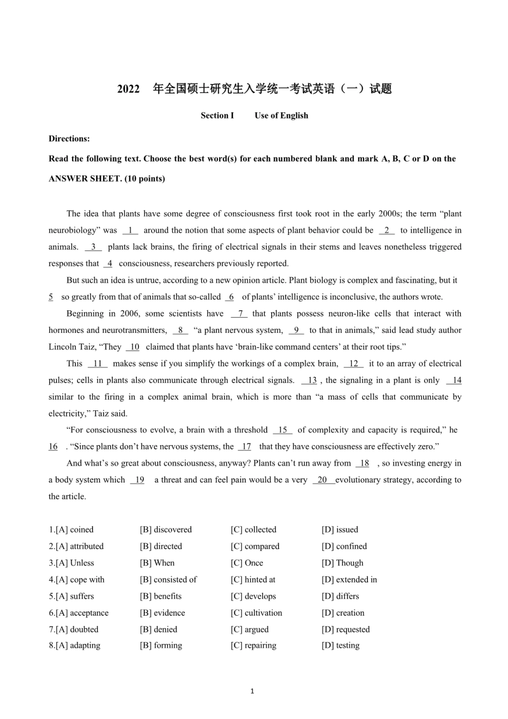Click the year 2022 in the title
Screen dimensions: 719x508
[x=128, y=89]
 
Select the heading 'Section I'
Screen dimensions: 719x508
[x=217, y=116]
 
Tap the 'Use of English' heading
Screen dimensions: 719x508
[x=281, y=116]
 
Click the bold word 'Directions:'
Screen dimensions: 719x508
[x=69, y=139]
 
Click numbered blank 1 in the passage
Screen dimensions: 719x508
[x=130, y=231]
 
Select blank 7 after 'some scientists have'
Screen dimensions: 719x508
[x=240, y=314]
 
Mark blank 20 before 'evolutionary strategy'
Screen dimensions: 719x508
[x=322, y=480]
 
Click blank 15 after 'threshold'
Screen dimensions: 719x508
[x=282, y=430]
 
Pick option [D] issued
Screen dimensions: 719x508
[x=340, y=530]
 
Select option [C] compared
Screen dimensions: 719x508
[x=255, y=546]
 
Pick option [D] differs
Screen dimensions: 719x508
[x=340, y=596]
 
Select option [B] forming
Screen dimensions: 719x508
[x=161, y=646]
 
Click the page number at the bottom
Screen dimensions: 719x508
[x=252, y=691]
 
